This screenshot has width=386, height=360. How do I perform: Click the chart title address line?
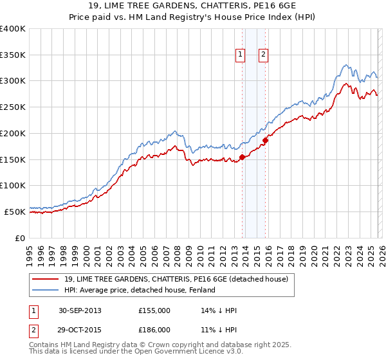click(x=193, y=6)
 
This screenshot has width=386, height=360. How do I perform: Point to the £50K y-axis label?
click(x=15, y=212)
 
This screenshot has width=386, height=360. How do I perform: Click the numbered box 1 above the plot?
click(x=240, y=55)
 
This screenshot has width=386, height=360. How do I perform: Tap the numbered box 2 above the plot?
click(x=264, y=55)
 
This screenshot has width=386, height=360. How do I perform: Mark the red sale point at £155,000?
click(x=242, y=157)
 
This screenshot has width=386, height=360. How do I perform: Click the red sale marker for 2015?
click(x=265, y=141)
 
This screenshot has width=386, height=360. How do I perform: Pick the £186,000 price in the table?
click(x=154, y=329)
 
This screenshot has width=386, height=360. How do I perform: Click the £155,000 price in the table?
click(x=154, y=310)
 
